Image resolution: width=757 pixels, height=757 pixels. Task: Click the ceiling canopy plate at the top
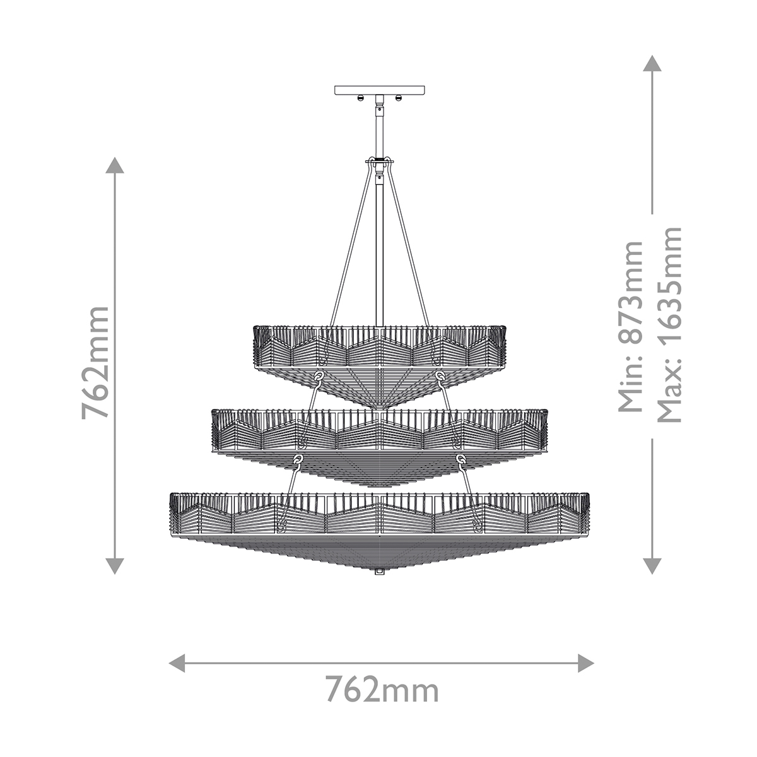point(380,90)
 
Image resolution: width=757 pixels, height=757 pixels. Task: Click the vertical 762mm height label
point(95,363)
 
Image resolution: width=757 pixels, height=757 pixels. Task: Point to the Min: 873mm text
point(630,326)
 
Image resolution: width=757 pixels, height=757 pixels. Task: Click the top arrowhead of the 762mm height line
point(115,165)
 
